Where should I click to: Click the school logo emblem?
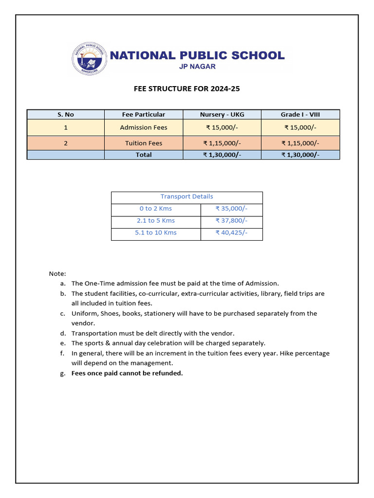[89, 58]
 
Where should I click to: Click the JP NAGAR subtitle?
[197, 67]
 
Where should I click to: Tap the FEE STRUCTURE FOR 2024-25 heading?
[187, 89]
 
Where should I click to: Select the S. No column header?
[65, 114]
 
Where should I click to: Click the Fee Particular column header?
[144, 114]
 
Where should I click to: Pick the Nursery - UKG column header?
[222, 114]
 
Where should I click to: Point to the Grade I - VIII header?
[300, 114]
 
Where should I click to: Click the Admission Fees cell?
[144, 127]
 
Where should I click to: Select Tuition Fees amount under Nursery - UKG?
[222, 143]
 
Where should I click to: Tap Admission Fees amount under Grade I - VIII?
[300, 127]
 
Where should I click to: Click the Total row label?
[144, 155]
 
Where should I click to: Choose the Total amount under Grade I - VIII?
[300, 155]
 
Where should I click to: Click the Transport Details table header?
[187, 196]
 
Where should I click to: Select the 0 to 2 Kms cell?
[156, 209]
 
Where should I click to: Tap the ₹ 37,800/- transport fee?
[231, 220]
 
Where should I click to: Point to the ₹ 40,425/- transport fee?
[231, 232]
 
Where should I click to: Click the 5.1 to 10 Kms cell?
[156, 232]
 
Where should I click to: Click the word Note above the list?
[57, 274]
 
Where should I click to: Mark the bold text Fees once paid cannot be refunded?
[127, 373]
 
